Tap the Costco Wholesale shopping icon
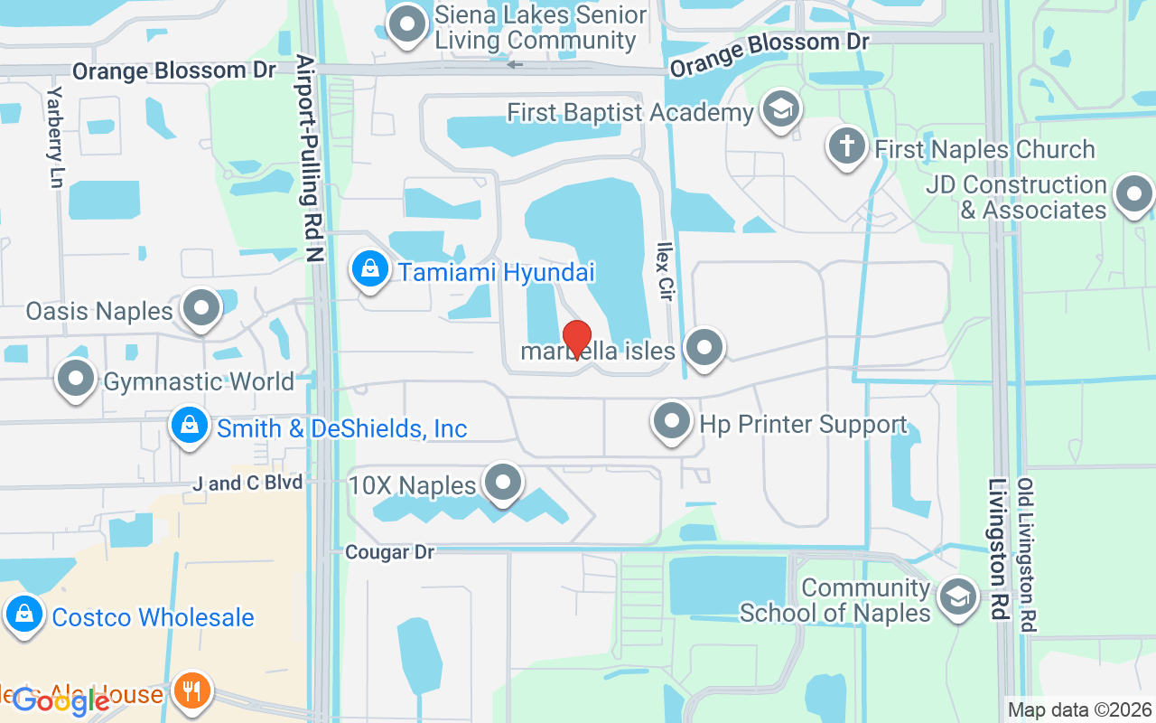point(24,615)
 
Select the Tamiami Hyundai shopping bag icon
point(369,268)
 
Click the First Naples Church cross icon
point(847,146)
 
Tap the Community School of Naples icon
point(957,596)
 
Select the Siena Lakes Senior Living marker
point(407,24)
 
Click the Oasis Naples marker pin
point(201,309)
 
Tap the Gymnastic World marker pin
point(77,379)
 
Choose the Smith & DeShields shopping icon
point(190,424)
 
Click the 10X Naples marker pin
point(503,483)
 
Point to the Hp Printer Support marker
point(672,421)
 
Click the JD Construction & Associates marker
point(1133,194)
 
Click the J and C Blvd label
point(247,484)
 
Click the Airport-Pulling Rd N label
point(310,158)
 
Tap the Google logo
point(61,700)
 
